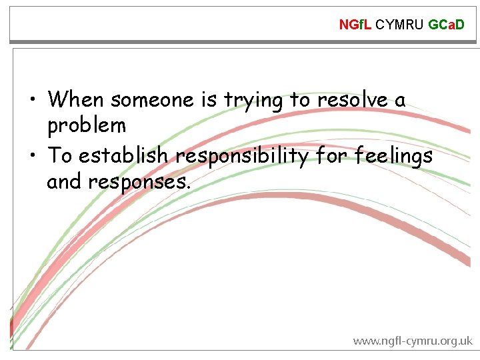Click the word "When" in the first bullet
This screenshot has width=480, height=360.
coord(76,100)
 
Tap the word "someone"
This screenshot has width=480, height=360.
coord(153,100)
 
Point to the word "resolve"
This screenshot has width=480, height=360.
coord(350,100)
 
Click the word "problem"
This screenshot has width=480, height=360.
coord(87,125)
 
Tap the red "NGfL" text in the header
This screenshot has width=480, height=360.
coord(355,25)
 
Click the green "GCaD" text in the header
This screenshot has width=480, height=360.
coord(446,25)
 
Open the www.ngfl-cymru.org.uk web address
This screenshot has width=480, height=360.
coord(412,341)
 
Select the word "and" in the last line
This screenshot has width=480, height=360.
coord(63,181)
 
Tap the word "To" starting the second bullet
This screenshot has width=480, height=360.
coord(60,156)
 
